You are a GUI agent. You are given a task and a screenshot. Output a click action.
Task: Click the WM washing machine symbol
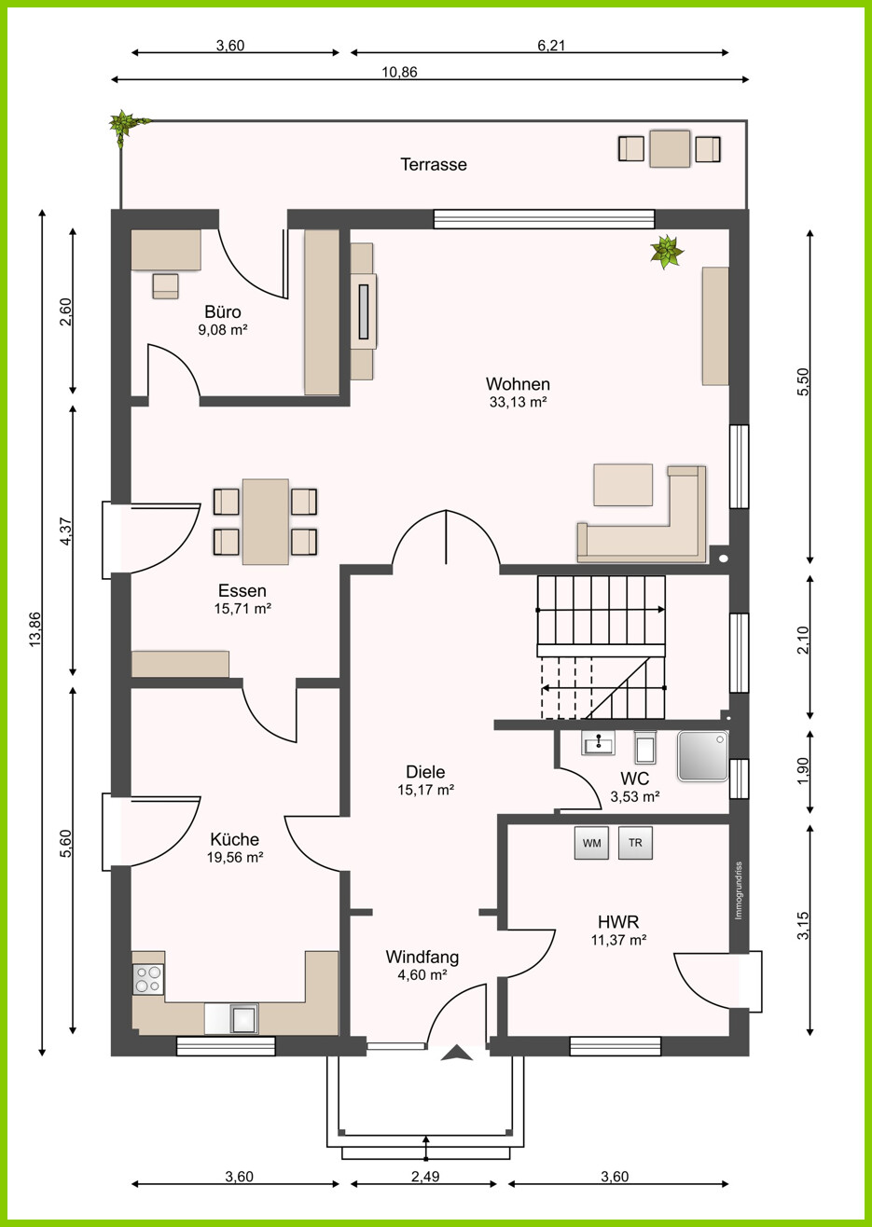click(x=591, y=843)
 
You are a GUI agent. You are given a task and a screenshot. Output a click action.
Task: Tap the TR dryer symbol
click(x=636, y=843)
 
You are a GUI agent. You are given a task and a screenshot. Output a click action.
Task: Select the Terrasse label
click(x=434, y=164)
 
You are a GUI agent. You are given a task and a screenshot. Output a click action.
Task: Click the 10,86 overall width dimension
click(x=399, y=72)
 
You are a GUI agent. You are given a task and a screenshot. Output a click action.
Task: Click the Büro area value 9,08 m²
click(x=223, y=330)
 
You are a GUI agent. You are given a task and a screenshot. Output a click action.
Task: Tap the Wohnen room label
click(x=518, y=383)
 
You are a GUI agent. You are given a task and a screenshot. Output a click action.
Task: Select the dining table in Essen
click(x=266, y=521)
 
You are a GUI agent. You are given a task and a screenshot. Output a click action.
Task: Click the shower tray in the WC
click(x=703, y=755)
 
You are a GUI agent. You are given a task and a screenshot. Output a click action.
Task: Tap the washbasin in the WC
click(x=598, y=743)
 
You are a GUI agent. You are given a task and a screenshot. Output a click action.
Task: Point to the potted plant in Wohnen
click(x=667, y=252)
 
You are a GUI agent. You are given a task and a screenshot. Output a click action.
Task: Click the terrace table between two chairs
click(x=670, y=148)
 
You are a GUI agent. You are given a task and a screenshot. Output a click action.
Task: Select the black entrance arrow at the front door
click(x=457, y=1054)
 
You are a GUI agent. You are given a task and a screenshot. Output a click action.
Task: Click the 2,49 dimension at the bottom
click(x=425, y=1176)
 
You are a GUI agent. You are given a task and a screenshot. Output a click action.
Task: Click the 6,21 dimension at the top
click(x=551, y=46)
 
